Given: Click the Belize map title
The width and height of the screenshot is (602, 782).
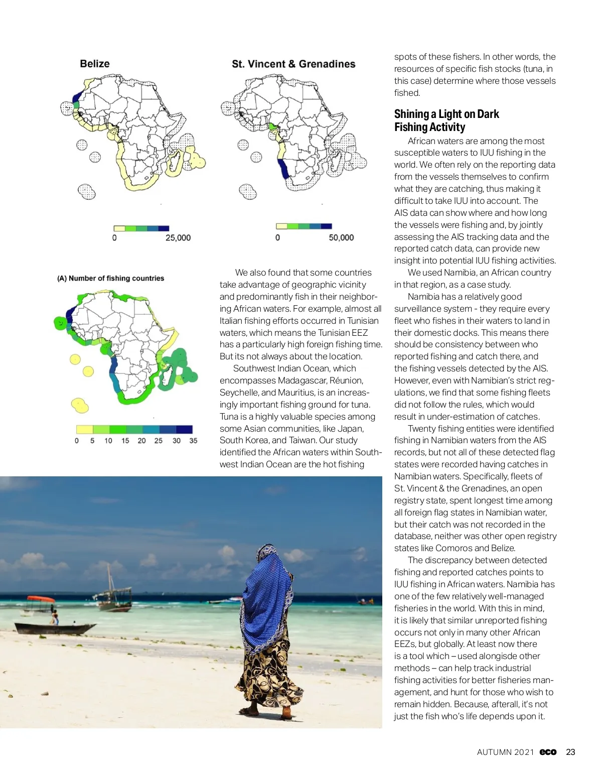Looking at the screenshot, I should tap(95, 64).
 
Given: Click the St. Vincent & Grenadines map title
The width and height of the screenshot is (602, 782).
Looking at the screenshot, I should tap(293, 64).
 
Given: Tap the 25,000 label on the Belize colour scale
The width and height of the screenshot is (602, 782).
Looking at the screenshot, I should tap(178, 238).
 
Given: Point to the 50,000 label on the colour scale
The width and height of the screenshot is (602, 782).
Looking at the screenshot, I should tap(341, 238).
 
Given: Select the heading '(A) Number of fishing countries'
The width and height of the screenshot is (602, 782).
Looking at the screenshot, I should tap(111, 279).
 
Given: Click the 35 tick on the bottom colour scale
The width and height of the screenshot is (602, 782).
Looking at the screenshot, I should tap(193, 441).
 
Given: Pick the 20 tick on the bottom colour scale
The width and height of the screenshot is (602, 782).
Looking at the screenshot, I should tap(141, 441).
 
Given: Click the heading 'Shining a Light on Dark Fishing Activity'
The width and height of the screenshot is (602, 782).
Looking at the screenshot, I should tap(446, 120).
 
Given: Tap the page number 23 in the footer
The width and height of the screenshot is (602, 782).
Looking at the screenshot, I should tap(570, 752).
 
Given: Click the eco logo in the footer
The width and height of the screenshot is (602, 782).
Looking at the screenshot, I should tap(548, 752).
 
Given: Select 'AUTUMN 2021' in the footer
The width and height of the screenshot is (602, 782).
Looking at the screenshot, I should tap(506, 752).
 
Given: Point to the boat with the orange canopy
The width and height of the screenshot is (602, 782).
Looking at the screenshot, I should tap(41, 600).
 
